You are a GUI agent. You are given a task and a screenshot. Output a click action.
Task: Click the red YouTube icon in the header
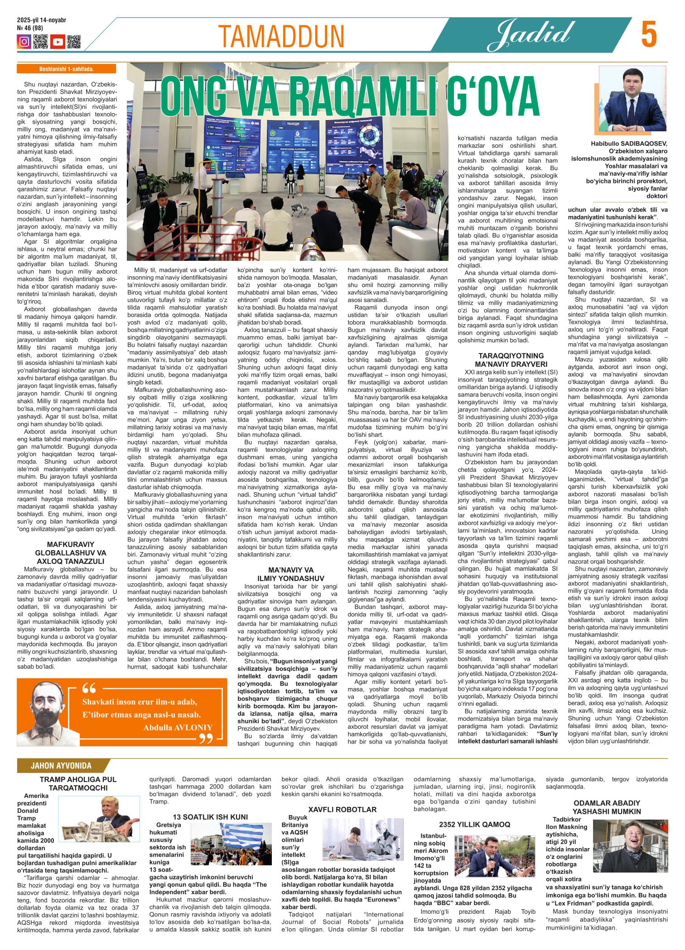58,42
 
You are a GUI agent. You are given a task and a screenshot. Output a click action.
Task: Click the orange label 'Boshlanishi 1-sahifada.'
66,69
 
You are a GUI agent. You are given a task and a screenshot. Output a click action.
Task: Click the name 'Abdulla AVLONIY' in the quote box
178,728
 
